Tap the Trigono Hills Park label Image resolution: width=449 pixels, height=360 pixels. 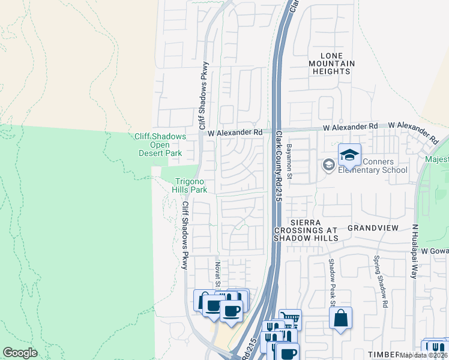click(190, 186)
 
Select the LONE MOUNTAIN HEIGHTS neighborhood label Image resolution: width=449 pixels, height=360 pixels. click(331, 63)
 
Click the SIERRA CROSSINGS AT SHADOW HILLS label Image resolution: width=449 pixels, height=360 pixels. click(306, 229)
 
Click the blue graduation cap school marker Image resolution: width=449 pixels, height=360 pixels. click(349, 155)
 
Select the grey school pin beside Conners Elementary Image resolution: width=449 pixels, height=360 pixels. click(328, 164)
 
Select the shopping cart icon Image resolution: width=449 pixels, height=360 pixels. click(290, 319)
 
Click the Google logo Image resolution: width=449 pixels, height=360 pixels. click(20, 353)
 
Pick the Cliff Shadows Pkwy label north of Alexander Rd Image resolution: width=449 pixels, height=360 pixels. click(203, 96)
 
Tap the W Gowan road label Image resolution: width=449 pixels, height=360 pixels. click(434, 250)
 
